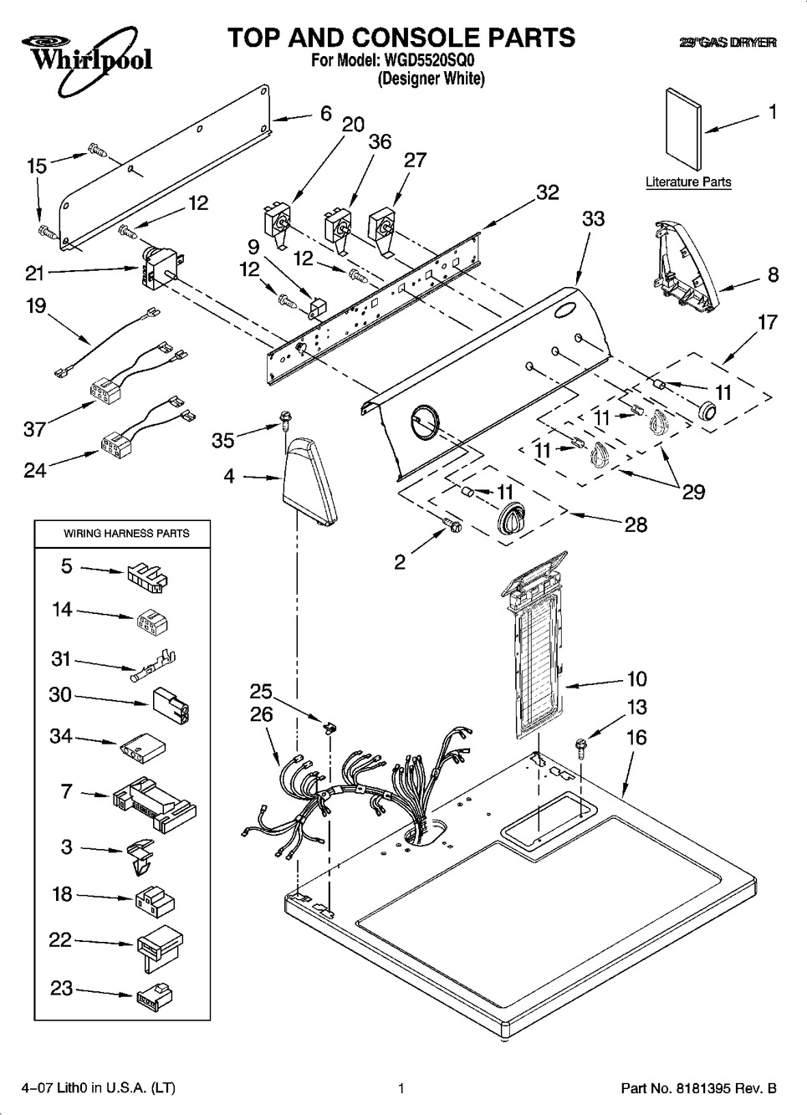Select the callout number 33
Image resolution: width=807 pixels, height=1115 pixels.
(x=593, y=219)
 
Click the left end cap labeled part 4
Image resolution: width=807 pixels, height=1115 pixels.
(x=310, y=483)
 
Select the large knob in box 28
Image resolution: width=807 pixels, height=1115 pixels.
(x=508, y=522)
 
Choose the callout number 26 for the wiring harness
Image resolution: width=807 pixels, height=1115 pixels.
(x=261, y=713)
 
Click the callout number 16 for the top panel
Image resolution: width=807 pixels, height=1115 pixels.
(x=636, y=737)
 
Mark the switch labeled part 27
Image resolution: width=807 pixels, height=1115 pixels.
(x=385, y=226)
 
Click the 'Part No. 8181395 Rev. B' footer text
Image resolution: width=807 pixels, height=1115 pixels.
(x=698, y=1088)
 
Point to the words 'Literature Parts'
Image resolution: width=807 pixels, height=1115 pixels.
(x=687, y=182)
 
